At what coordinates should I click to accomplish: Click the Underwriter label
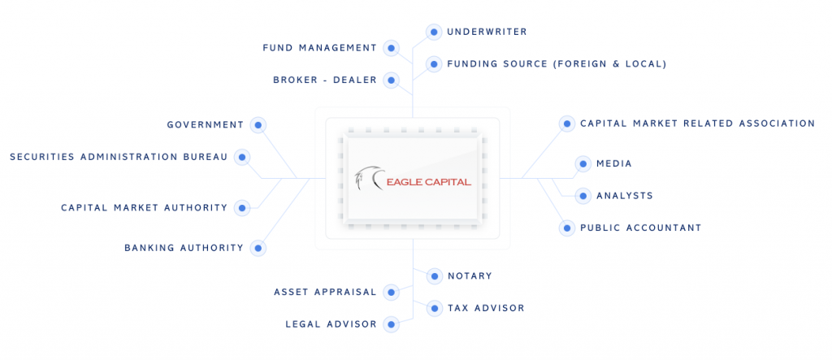tap(487, 32)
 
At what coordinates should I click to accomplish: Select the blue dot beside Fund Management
tap(391, 48)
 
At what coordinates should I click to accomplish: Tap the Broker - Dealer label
tap(325, 80)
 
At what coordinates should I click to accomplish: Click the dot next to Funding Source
tap(434, 64)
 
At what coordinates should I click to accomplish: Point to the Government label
tap(206, 125)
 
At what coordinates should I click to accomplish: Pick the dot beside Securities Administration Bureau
tap(242, 157)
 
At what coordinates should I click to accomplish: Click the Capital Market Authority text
tap(145, 207)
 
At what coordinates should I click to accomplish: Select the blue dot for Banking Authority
tap(258, 248)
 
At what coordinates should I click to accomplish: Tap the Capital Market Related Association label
tap(697, 124)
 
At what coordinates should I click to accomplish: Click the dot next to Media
tap(583, 163)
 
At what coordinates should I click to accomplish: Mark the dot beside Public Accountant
tap(566, 228)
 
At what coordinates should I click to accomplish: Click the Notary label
tap(470, 276)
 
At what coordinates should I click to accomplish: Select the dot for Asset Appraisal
tap(391, 292)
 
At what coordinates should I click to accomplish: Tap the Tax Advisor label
tap(486, 308)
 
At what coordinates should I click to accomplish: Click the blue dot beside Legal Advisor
tap(391, 324)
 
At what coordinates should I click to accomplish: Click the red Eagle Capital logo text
tap(429, 181)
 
